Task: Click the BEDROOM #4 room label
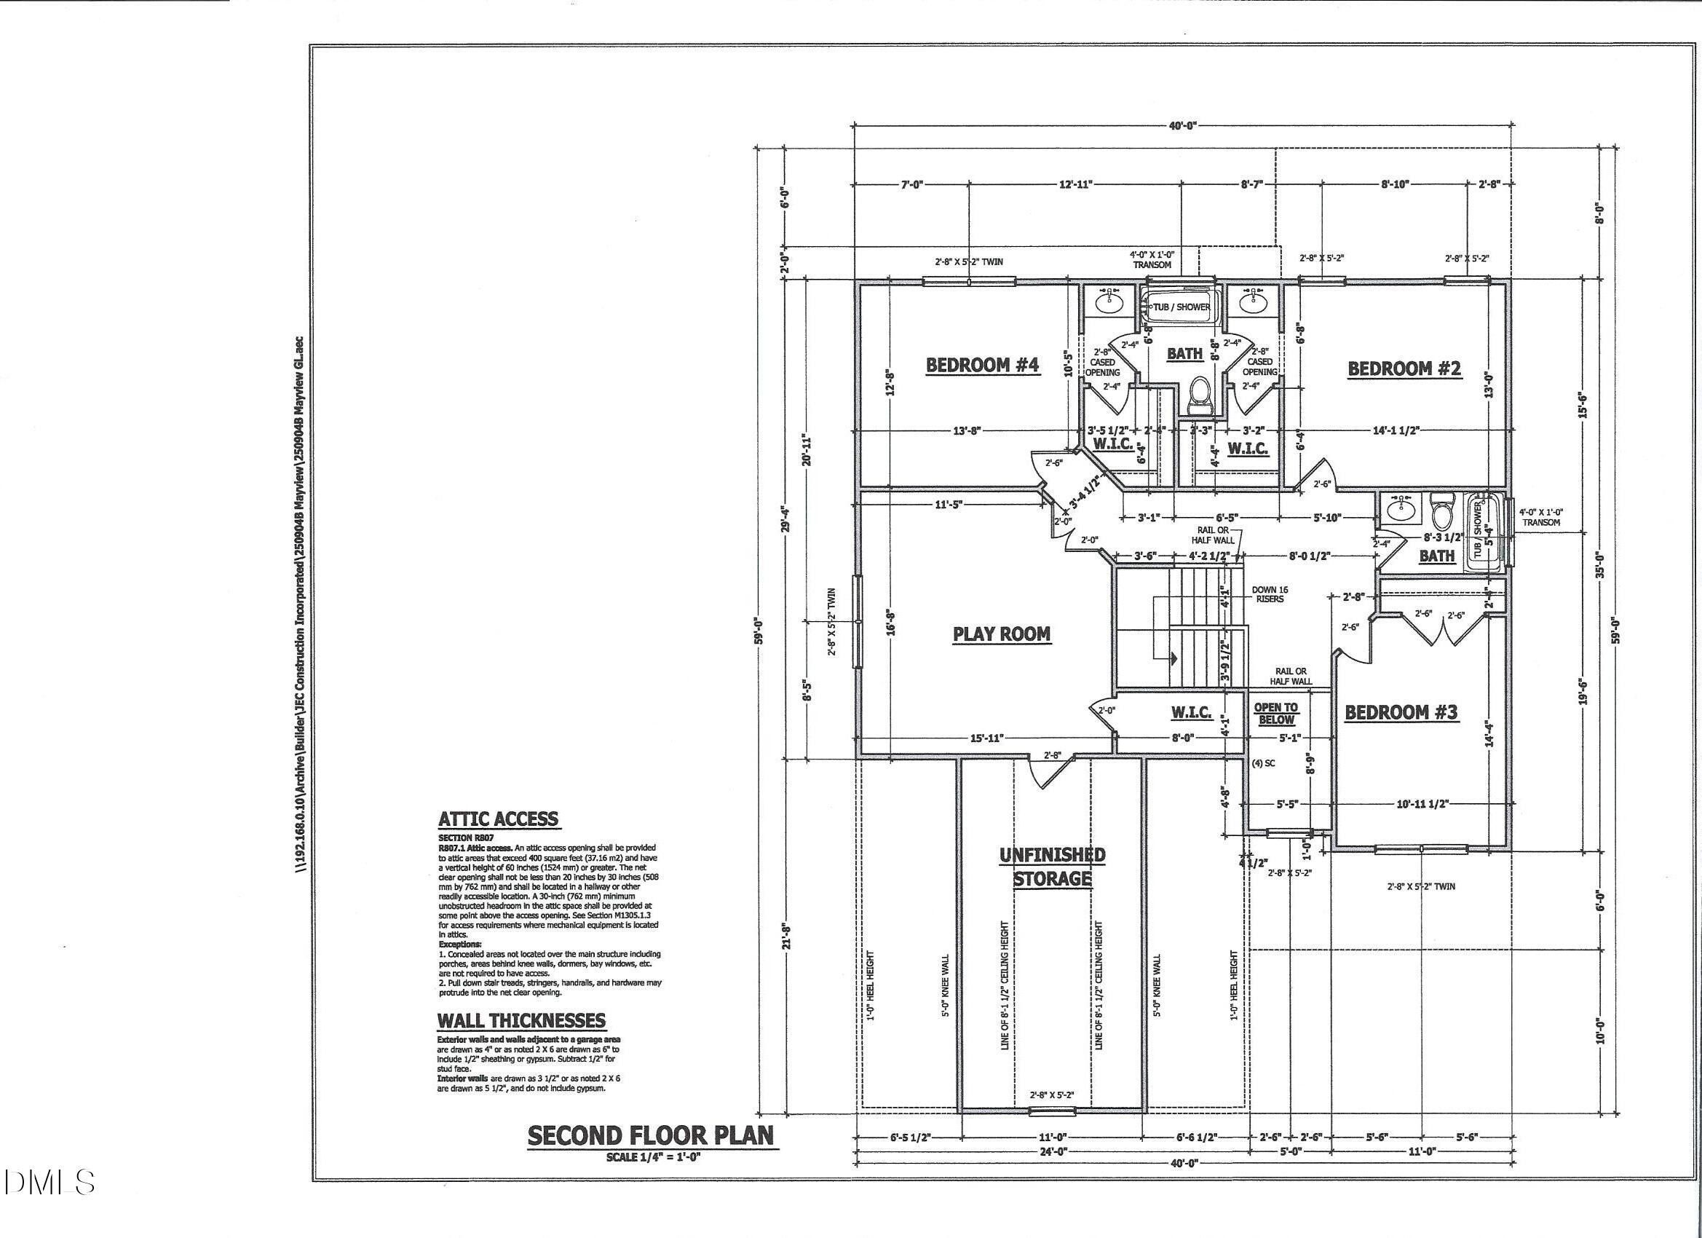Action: tap(982, 366)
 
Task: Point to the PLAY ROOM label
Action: tap(1001, 634)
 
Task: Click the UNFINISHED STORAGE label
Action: tap(1051, 867)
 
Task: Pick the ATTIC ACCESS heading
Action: tap(498, 819)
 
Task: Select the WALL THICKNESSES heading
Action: tap(521, 1020)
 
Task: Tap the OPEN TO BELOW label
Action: tap(1275, 713)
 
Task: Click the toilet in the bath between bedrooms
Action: tap(1200, 396)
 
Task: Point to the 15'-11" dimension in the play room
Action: tap(986, 738)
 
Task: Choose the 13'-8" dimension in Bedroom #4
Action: tap(967, 431)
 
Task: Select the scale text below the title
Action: tap(653, 1157)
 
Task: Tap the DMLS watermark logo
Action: tap(48, 1183)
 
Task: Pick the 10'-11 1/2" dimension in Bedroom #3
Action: tap(1422, 804)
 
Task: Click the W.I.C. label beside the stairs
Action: tap(1191, 711)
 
